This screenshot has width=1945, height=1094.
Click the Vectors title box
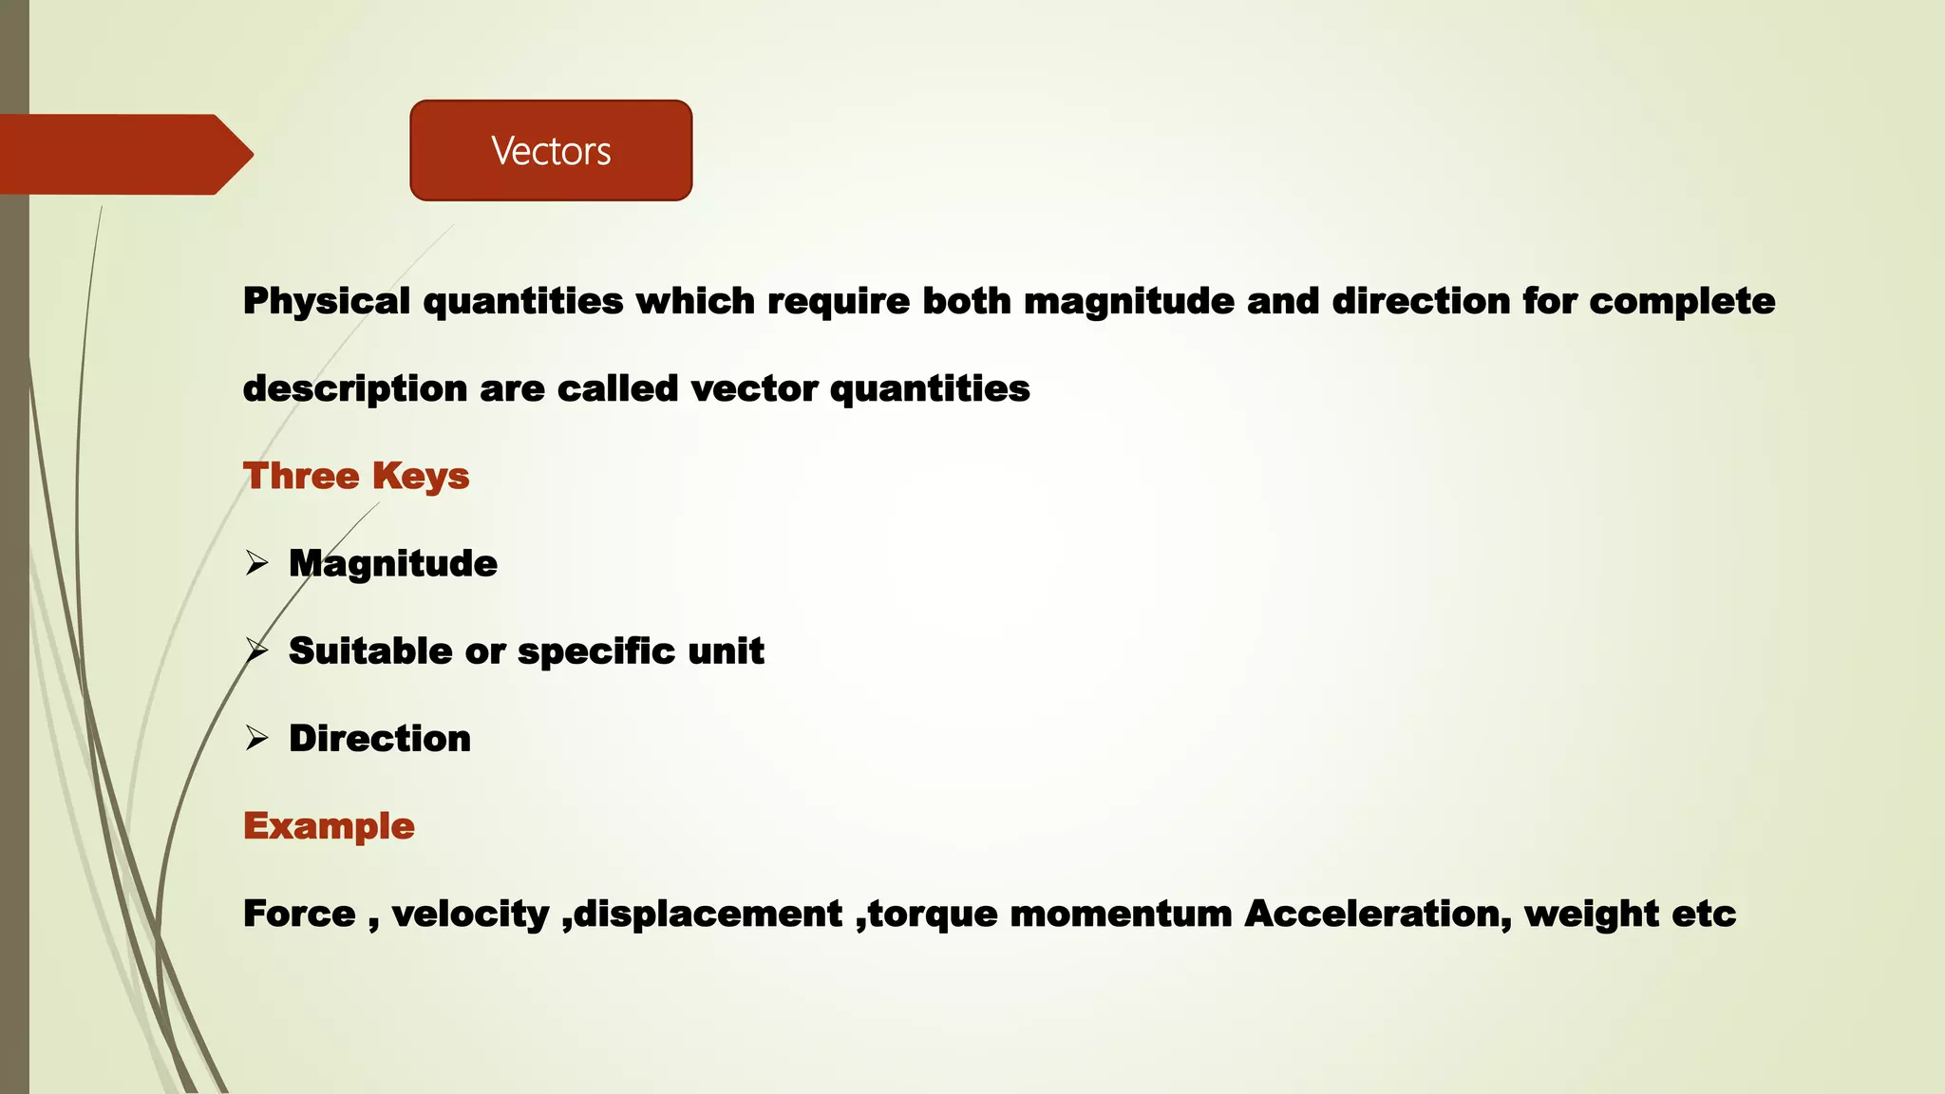click(x=551, y=150)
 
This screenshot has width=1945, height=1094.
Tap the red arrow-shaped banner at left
click(x=123, y=154)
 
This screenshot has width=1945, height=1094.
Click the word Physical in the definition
click(x=327, y=302)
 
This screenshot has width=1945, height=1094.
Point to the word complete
click(x=1682, y=302)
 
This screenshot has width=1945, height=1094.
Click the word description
click(x=354, y=389)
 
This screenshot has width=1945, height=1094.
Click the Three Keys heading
click(x=356, y=476)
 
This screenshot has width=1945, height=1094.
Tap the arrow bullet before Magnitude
click(x=256, y=563)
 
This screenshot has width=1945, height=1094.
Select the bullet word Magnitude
click(x=393, y=564)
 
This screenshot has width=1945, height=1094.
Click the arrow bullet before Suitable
click(x=256, y=651)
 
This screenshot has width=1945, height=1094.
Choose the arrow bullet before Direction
click(x=256, y=738)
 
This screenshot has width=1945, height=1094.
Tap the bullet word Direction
click(x=380, y=739)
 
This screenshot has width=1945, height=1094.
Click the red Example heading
click(x=329, y=826)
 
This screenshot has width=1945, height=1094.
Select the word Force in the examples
click(x=299, y=914)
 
